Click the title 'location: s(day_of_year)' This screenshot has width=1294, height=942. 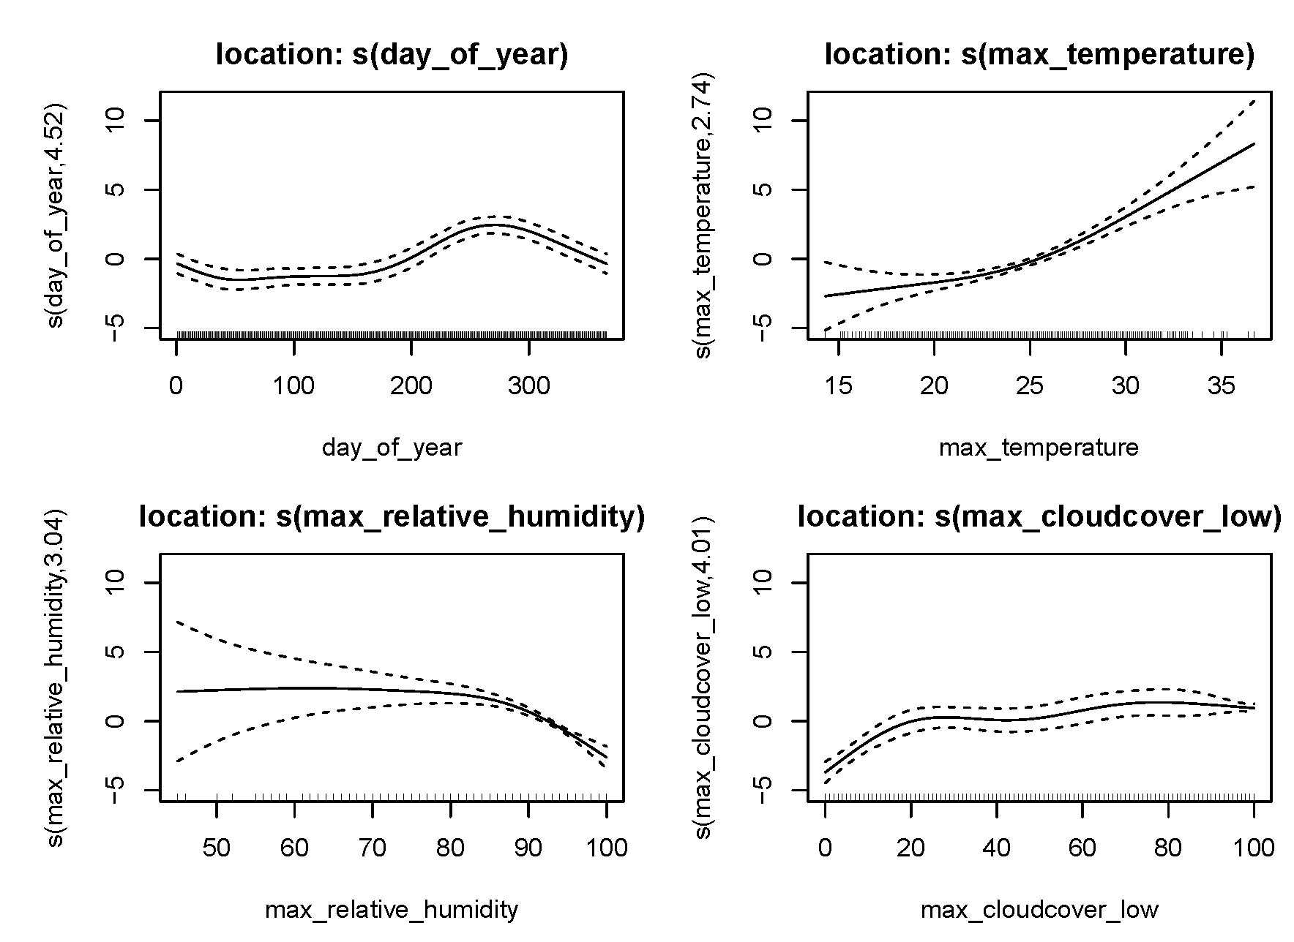(392, 55)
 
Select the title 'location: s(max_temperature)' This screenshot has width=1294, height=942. (1039, 55)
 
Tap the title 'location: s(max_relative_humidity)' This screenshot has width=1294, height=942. (392, 517)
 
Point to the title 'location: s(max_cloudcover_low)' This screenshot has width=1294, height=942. (1039, 517)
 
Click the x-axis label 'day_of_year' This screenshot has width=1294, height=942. (392, 448)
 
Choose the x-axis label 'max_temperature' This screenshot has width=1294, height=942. (1039, 448)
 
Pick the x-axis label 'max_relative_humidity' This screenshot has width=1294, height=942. (392, 910)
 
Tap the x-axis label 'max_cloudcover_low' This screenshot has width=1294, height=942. (1039, 910)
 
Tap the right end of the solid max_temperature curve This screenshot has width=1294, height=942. (1254, 143)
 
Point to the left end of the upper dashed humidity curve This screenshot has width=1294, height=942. (177, 622)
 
